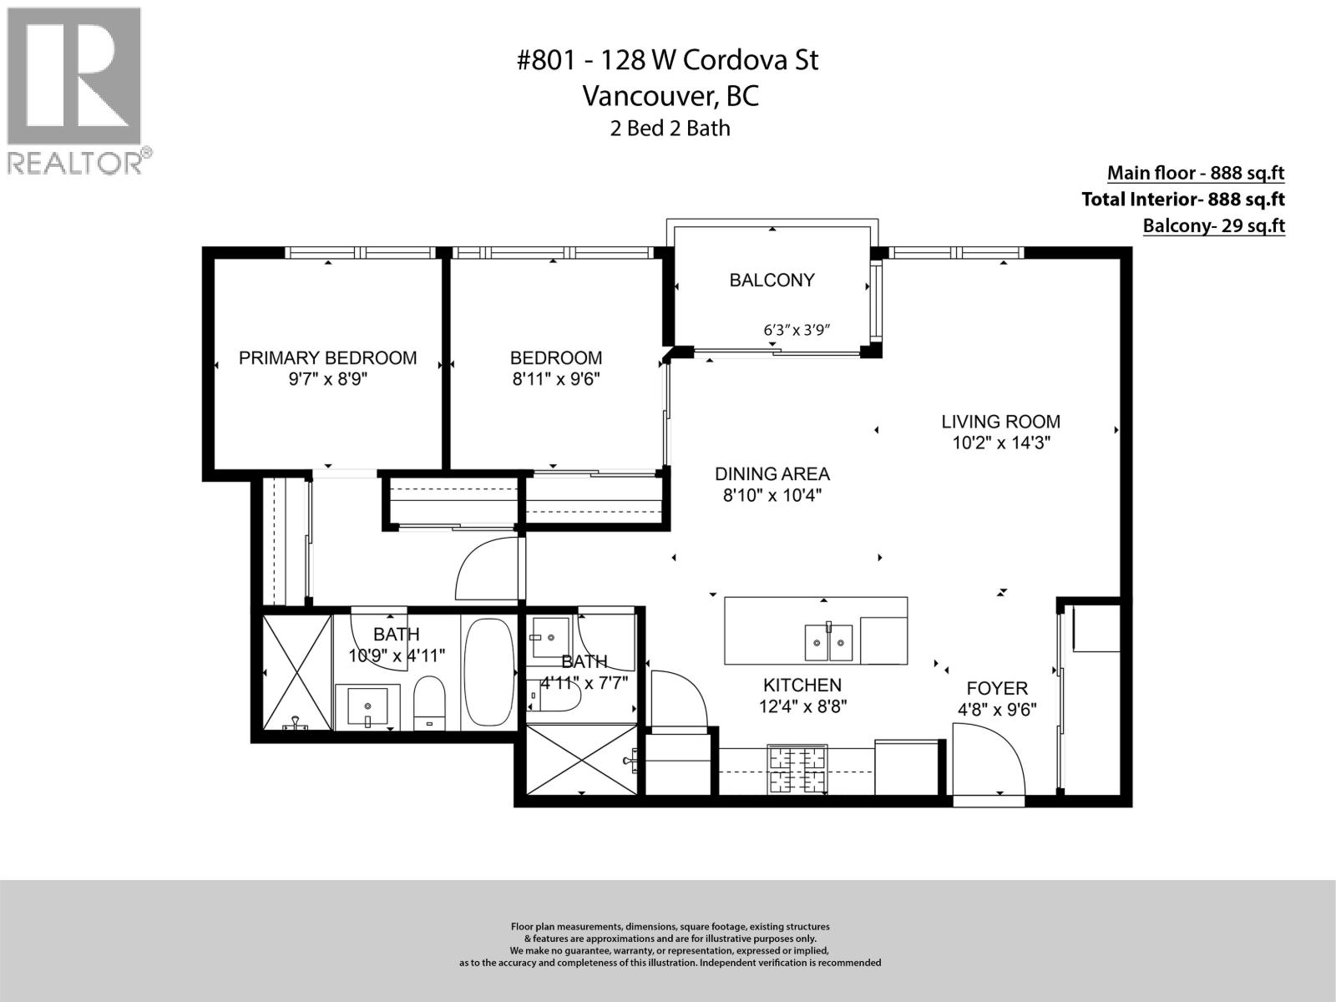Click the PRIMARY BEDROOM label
coord(327,358)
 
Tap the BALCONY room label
coord(772,281)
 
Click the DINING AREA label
coord(772,474)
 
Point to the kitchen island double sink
coord(828,643)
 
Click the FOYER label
coord(996,689)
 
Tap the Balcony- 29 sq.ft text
coord(1213,225)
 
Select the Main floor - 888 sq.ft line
coord(1195,173)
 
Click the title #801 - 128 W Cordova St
coord(667,60)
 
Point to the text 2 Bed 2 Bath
coord(670,129)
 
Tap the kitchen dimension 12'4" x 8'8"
coord(802,706)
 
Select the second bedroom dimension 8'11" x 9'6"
coord(556,379)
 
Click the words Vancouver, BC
coord(670,96)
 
